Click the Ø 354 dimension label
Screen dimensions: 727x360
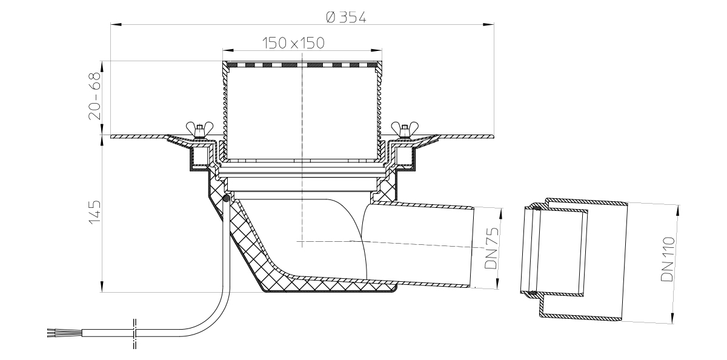[346, 17]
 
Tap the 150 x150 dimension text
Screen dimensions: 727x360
[293, 43]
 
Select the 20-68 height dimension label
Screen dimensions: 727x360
[95, 96]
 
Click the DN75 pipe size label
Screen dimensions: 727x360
[491, 248]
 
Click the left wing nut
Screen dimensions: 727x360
[199, 130]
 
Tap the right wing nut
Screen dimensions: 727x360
[405, 130]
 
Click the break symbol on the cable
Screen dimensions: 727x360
[134, 334]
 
